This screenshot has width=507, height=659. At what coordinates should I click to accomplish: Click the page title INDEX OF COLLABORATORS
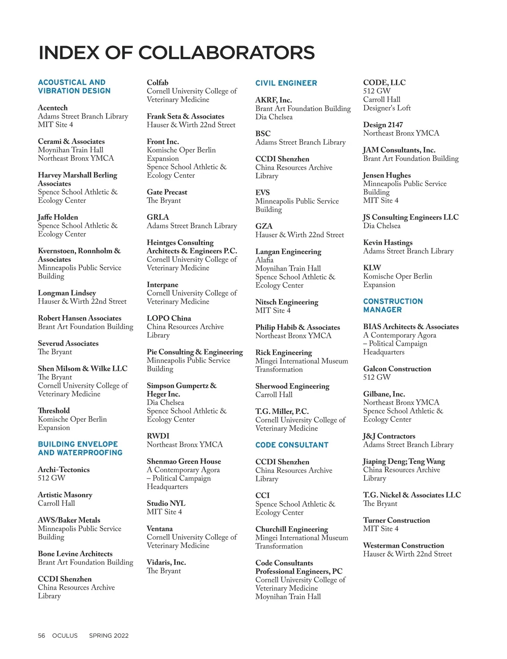click(177, 53)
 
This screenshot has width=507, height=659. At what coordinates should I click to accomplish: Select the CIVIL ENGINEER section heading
click(286, 83)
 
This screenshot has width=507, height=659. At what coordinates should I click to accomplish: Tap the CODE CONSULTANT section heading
click(292, 445)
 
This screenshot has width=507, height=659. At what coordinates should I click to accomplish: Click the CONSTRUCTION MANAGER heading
click(393, 305)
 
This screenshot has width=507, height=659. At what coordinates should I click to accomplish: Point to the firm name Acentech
click(53, 108)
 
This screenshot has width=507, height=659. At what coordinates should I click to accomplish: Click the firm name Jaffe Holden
click(58, 217)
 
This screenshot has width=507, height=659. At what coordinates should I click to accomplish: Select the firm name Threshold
click(54, 411)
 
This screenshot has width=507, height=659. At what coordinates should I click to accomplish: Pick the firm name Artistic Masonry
click(65, 495)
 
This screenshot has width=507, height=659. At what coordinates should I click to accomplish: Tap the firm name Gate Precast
click(167, 192)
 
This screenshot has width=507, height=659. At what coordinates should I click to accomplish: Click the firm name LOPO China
click(169, 318)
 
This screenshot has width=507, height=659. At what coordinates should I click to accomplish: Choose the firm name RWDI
click(158, 436)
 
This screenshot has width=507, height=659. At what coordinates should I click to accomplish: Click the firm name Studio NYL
click(166, 503)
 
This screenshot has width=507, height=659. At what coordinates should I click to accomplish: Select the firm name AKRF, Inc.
click(273, 100)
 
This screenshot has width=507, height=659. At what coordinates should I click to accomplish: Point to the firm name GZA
click(264, 226)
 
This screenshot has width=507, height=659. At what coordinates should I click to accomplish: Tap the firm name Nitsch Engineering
click(286, 302)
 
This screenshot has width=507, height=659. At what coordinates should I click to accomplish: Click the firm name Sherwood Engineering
click(292, 386)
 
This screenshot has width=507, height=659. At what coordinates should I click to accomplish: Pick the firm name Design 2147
click(383, 125)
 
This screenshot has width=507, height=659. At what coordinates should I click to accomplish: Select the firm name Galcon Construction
click(397, 369)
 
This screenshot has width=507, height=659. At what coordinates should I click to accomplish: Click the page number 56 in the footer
click(41, 635)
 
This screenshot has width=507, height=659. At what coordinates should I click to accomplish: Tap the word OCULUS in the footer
click(65, 635)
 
